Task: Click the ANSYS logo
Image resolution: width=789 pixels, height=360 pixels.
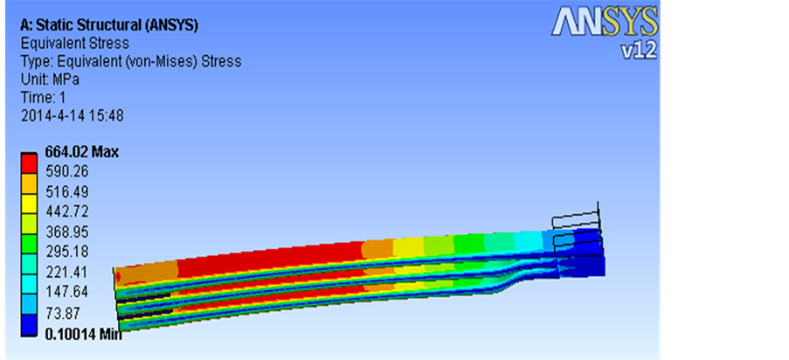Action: (605, 22)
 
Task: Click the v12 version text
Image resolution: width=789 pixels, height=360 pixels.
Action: (639, 50)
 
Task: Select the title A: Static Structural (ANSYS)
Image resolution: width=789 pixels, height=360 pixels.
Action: (108, 25)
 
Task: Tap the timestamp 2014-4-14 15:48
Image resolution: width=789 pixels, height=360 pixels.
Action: (72, 116)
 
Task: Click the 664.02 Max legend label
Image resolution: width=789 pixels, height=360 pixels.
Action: (82, 151)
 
